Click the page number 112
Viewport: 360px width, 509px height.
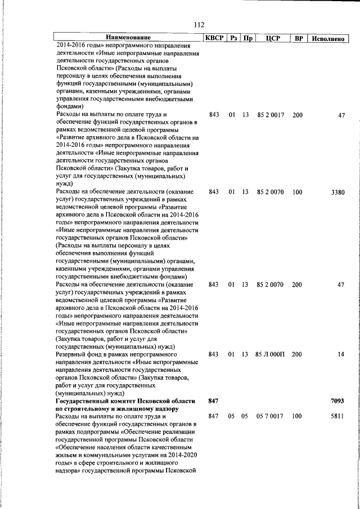tap(198, 25)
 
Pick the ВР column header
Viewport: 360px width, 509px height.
tap(299, 38)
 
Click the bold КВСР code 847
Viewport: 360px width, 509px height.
tap(213, 401)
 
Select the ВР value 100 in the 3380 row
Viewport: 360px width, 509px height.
tap(298, 192)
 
